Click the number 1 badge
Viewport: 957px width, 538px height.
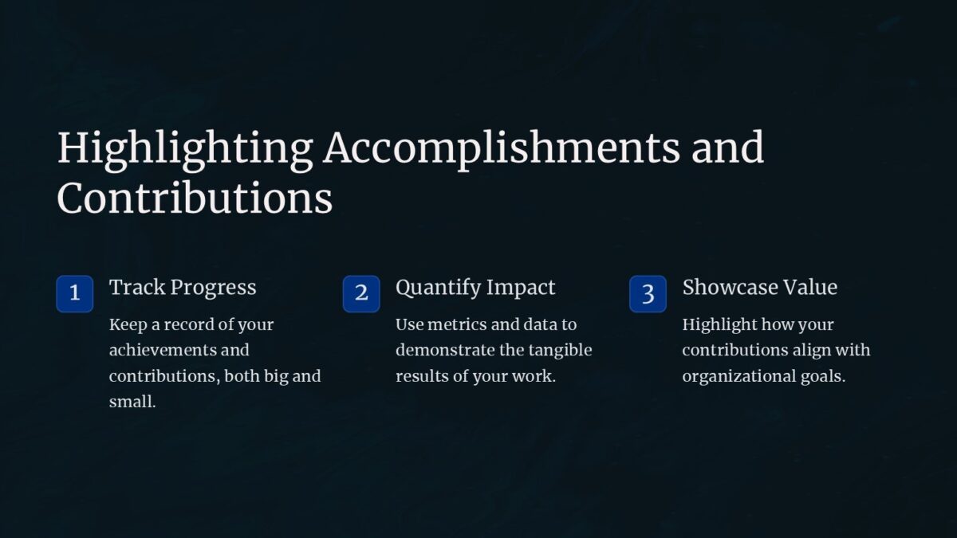click(x=74, y=293)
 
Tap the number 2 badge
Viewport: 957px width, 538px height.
click(x=361, y=293)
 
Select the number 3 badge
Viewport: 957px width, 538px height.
click(x=648, y=293)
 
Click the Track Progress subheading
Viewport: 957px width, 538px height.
click(x=183, y=287)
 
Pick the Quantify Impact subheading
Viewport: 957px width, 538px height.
click(x=475, y=287)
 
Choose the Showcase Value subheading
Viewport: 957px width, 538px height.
click(x=759, y=287)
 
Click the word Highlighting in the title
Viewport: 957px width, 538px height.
click(x=184, y=149)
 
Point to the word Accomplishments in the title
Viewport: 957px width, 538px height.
click(x=501, y=149)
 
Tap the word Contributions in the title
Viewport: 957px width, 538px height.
click(x=195, y=198)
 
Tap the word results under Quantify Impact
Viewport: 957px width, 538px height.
click(x=422, y=376)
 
